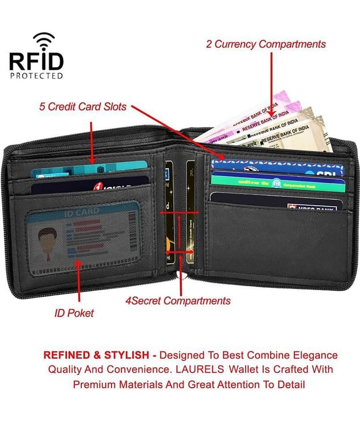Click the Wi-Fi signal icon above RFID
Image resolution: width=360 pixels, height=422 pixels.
44,41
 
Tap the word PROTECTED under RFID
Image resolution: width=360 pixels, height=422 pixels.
36,75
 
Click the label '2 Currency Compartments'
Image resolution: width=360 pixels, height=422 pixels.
266,44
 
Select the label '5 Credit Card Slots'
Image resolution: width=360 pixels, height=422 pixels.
83,107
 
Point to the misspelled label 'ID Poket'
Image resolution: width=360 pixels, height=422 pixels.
74,313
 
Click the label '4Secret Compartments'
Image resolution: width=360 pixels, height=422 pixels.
178,301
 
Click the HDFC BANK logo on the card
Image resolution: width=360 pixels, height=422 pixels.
312,208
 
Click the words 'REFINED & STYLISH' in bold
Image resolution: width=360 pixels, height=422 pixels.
98,355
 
